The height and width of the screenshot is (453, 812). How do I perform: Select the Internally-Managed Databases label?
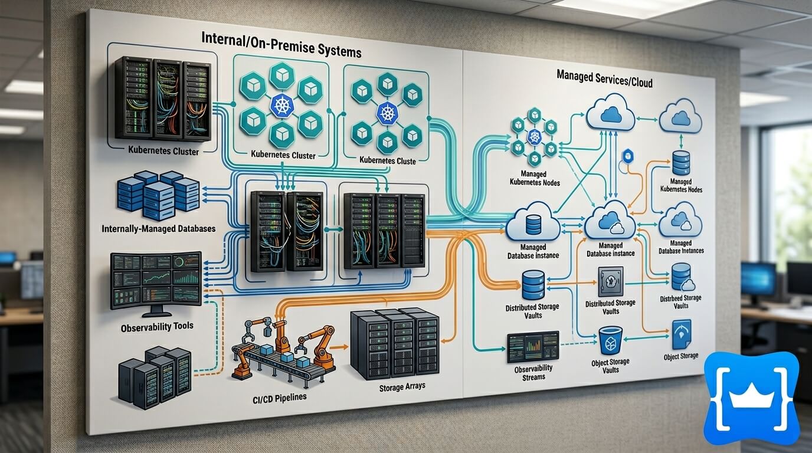158,228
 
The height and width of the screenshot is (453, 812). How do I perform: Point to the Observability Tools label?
156,326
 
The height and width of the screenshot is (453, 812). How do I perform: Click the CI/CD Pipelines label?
276,397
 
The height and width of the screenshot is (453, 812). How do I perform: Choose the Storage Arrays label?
403,387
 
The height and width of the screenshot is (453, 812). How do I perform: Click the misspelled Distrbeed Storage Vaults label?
680,302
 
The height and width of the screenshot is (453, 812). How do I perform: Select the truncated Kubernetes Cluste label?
387,160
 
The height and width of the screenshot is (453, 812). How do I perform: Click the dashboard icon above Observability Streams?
532,347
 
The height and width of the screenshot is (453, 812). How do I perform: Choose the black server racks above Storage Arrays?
394,344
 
